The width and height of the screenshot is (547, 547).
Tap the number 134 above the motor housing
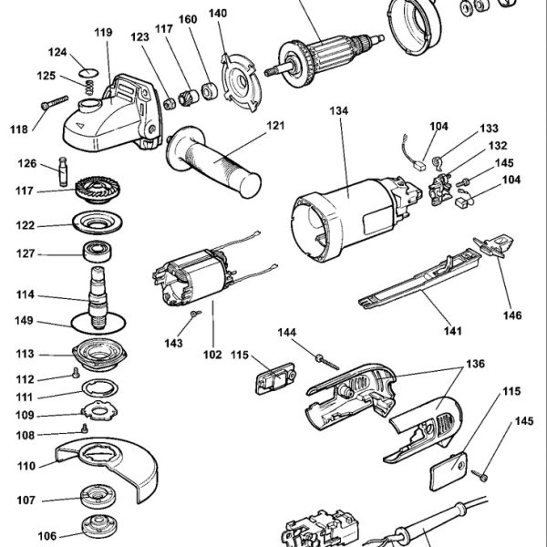pyautogui.click(x=339, y=111)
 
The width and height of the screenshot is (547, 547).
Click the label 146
pyautogui.click(x=513, y=315)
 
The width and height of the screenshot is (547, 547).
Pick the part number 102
pyautogui.click(x=212, y=355)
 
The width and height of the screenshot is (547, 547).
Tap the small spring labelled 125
pyautogui.click(x=89, y=86)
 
